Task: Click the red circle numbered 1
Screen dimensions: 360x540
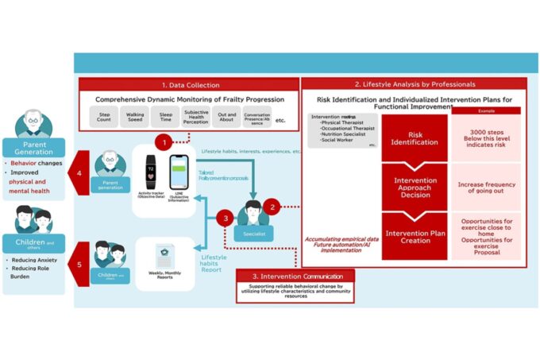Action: click(163, 143)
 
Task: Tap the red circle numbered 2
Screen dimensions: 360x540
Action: click(272, 207)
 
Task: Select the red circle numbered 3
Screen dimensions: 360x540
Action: click(226, 218)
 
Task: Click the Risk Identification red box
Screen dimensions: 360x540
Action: click(415, 137)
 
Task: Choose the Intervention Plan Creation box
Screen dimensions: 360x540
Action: click(415, 236)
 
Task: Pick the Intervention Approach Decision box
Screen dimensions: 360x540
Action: click(415, 187)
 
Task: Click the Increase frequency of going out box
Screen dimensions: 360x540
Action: click(486, 188)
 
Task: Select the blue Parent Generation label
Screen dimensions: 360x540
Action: click(33, 148)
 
